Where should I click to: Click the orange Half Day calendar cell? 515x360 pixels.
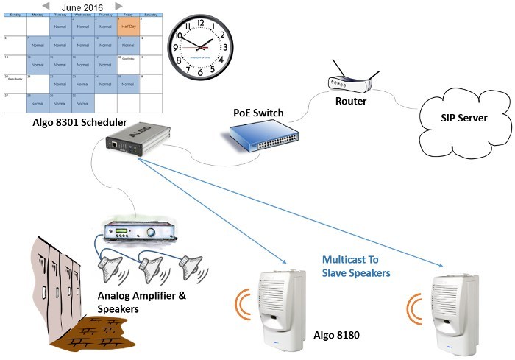point(129,24)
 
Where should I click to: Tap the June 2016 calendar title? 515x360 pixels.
point(82,6)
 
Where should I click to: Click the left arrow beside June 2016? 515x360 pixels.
point(46,6)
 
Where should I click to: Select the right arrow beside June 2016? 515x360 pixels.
point(119,6)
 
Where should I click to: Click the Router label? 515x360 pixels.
point(350,102)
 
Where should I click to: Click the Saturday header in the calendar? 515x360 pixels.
point(151,13)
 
